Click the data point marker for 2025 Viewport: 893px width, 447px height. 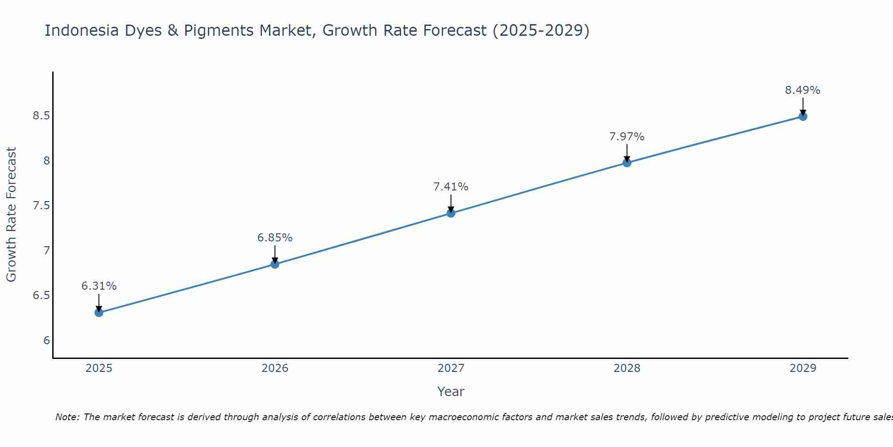click(99, 312)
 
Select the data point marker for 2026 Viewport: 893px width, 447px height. click(275, 264)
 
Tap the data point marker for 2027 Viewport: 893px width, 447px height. click(451, 213)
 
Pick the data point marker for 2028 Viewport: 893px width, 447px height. click(626, 163)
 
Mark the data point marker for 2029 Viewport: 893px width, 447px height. click(802, 117)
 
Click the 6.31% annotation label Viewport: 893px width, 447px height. click(99, 286)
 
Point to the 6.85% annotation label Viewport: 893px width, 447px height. click(275, 238)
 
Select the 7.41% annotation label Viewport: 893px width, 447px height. click(451, 187)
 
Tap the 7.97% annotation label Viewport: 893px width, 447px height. click(626, 137)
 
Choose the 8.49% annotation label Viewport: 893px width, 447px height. click(802, 90)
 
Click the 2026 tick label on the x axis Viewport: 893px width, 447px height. click(275, 368)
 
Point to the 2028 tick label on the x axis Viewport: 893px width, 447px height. click(626, 368)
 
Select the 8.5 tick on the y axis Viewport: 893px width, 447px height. click(41, 116)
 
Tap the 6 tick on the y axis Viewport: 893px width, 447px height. click(46, 341)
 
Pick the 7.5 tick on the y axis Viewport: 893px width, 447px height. click(41, 206)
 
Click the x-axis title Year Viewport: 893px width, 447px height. click(451, 392)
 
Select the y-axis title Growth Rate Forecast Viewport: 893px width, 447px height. click(11, 215)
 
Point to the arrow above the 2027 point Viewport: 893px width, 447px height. click(451, 203)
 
